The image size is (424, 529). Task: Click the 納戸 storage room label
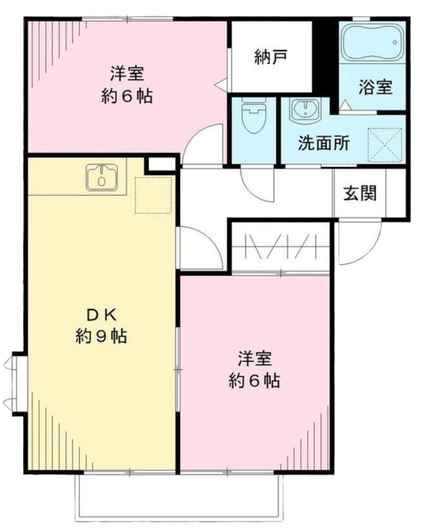(270, 57)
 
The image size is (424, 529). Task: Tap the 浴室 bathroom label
(375, 87)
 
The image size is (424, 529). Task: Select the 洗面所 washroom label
(323, 143)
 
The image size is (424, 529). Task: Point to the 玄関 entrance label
(360, 193)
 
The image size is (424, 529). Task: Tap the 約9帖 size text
(101, 336)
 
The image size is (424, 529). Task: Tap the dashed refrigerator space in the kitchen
(154, 195)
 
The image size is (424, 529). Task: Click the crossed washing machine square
(385, 145)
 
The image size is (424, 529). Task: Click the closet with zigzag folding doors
(280, 247)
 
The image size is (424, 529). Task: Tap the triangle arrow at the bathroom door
(344, 105)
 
